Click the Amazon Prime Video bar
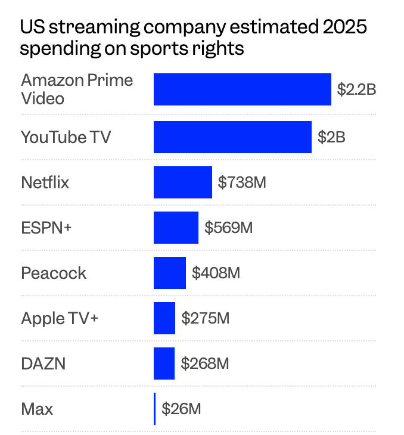coord(243,89)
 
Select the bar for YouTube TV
coord(232,137)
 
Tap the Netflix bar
coord(183,182)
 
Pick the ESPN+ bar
coord(176,228)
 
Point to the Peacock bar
coord(170,273)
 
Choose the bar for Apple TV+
coord(164,318)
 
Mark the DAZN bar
coord(164,363)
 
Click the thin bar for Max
coord(154,409)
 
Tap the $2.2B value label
coord(356,89)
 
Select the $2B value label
coord(331,137)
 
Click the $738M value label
coord(242,182)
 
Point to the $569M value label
coord(228,228)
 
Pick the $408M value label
coord(216,273)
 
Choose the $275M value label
coord(206,318)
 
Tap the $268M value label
coord(205,363)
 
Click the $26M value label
coord(181,409)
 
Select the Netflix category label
coord(45,182)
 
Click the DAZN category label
coord(43,363)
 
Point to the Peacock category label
coord(54,273)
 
